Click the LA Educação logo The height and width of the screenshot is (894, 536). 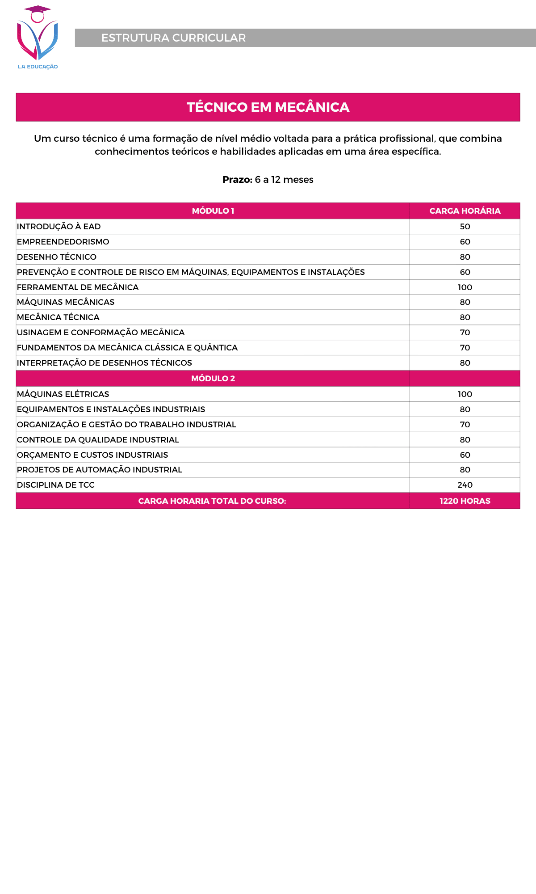[x=38, y=38]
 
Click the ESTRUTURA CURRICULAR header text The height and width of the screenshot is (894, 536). [x=173, y=38]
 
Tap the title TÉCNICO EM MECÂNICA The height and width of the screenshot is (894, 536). [x=268, y=107]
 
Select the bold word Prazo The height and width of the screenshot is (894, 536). [x=237, y=180]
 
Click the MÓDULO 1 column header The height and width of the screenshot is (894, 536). [x=213, y=211]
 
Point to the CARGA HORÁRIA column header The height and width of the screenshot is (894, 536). [x=465, y=211]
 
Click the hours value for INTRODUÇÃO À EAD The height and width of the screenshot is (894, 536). [x=465, y=227]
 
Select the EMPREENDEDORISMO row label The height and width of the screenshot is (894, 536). [x=63, y=242]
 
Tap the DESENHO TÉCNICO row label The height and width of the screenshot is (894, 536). [x=57, y=257]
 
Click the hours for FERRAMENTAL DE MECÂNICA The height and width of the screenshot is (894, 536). [x=465, y=287]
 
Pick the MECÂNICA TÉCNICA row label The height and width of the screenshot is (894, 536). [x=58, y=317]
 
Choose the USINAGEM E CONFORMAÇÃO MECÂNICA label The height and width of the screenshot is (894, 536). [x=100, y=333]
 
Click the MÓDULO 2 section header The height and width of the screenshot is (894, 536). [x=213, y=379]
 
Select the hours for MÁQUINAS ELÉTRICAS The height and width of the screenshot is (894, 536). [x=465, y=394]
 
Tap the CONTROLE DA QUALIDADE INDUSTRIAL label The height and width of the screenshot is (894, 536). [x=98, y=440]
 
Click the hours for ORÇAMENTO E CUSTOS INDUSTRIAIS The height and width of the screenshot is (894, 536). [x=465, y=455]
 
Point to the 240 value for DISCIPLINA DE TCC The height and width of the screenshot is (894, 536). [x=465, y=485]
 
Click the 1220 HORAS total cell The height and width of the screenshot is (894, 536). [x=465, y=501]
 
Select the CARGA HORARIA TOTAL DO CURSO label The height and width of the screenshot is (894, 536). [x=212, y=501]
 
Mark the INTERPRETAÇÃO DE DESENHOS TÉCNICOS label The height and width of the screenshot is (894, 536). [x=105, y=363]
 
